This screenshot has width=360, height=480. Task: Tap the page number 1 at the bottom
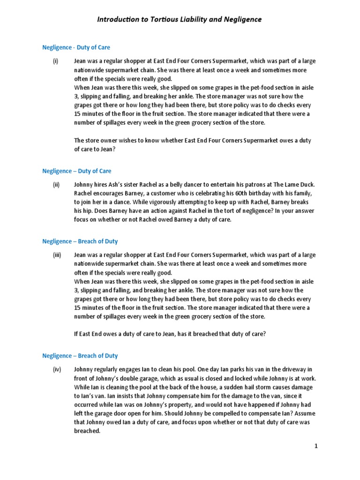(316, 446)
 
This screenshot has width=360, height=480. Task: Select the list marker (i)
(55, 61)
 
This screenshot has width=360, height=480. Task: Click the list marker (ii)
(56, 185)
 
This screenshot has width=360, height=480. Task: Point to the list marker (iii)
(57, 255)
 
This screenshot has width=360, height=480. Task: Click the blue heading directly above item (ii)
(77, 171)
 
